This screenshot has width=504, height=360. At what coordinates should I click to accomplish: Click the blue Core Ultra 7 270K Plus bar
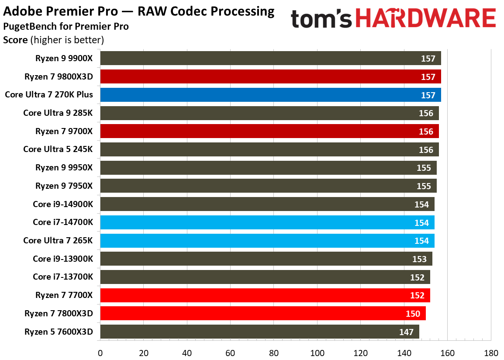pyautogui.click(x=270, y=95)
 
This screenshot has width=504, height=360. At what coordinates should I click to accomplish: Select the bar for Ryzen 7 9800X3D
pyautogui.click(x=270, y=76)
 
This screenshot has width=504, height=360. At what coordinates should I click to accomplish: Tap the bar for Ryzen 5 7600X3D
pyautogui.click(x=259, y=332)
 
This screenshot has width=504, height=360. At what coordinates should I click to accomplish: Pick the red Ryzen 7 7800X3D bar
pyautogui.click(x=262, y=313)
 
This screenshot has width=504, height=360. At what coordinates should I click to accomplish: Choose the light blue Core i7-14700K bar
pyautogui.click(x=266, y=222)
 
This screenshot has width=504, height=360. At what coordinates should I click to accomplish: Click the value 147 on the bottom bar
pyautogui.click(x=406, y=332)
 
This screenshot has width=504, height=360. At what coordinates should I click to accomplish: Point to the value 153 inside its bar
pyautogui.click(x=419, y=259)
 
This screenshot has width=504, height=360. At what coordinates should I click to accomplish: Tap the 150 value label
pyautogui.click(x=413, y=314)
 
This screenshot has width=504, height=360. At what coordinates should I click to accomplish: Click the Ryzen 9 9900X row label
pyautogui.click(x=64, y=58)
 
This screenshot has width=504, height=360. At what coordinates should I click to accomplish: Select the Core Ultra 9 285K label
pyautogui.click(x=58, y=113)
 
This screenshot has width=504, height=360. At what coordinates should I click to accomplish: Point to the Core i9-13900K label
pyautogui.click(x=63, y=259)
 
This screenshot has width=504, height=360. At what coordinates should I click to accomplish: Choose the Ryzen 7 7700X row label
pyautogui.click(x=64, y=295)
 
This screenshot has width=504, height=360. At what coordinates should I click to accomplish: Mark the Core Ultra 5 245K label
pyautogui.click(x=58, y=149)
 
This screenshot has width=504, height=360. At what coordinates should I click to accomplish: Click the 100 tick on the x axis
pyautogui.click(x=318, y=353)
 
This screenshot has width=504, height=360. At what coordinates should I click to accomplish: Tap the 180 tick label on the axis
pyautogui.click(x=491, y=353)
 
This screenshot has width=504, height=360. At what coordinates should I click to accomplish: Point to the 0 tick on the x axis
pyautogui.click(x=100, y=353)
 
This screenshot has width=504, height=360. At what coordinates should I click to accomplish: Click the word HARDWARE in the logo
pyautogui.click(x=428, y=19)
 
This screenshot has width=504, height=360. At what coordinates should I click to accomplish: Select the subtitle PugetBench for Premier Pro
pyautogui.click(x=66, y=26)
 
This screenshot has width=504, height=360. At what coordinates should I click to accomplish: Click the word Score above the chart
pyautogui.click(x=15, y=40)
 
